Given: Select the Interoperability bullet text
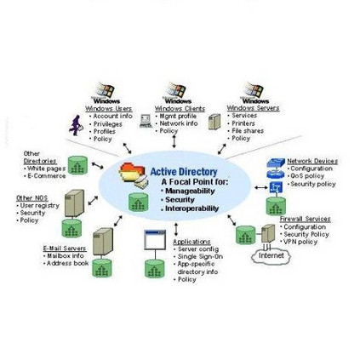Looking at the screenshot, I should point(192,209).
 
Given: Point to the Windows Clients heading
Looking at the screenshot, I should point(174,109).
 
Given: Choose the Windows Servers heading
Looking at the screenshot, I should point(246,109).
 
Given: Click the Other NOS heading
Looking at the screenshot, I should point(31,197).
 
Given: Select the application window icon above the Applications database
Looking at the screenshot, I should point(154,241).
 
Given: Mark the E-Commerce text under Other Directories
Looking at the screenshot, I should point(43,176).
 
